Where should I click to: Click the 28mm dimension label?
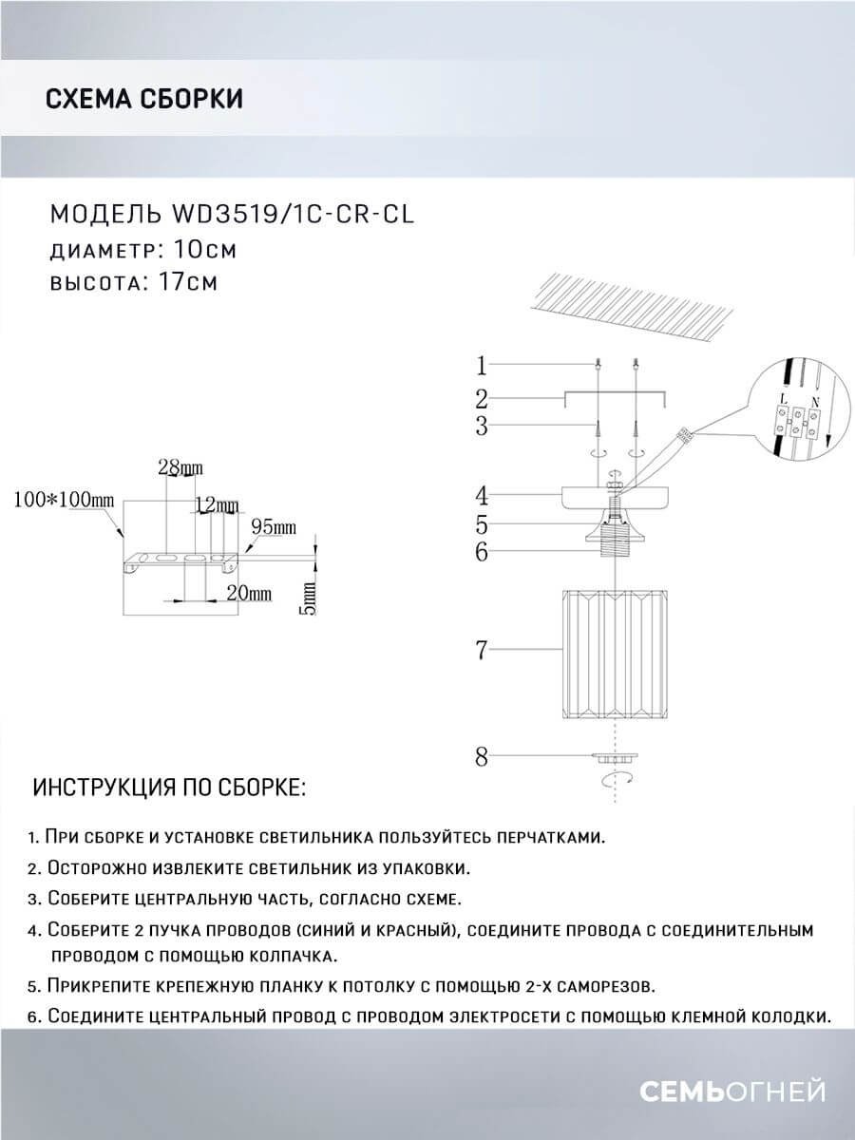(x=179, y=467)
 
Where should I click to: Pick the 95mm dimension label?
(x=274, y=525)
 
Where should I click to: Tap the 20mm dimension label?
(x=249, y=593)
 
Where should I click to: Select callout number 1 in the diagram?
(x=482, y=365)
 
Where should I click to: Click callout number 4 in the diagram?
(x=482, y=495)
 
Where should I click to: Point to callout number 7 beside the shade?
(x=482, y=651)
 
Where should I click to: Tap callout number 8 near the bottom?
(x=482, y=757)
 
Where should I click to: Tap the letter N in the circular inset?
(x=814, y=401)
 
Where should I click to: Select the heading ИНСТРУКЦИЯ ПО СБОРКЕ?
(x=169, y=788)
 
